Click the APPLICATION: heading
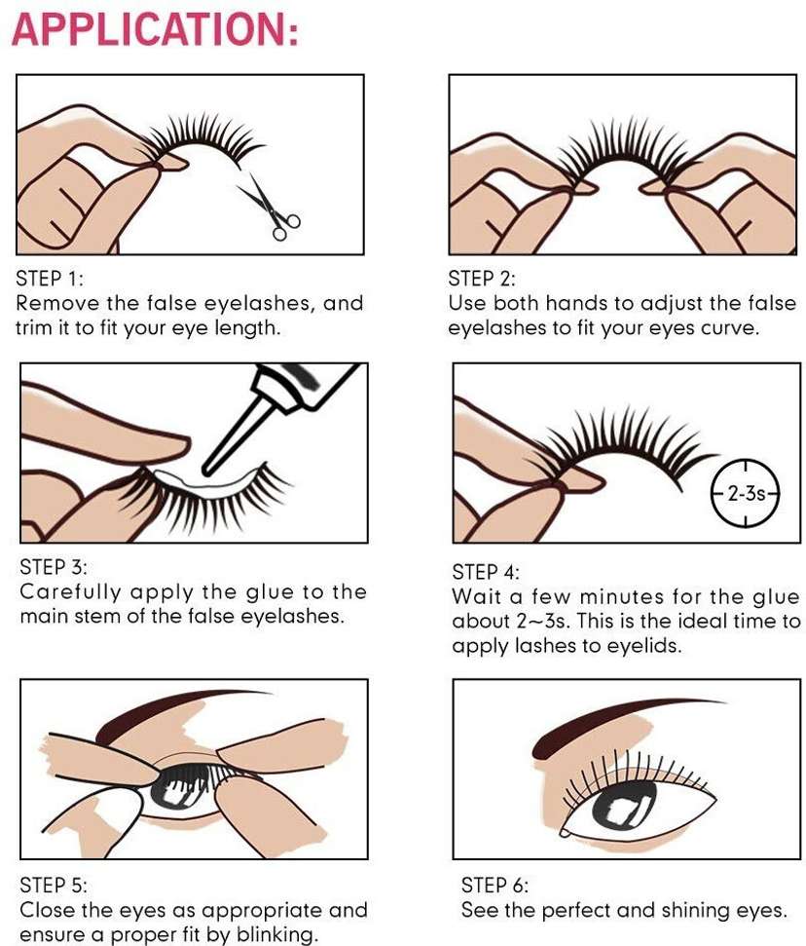[x=155, y=28]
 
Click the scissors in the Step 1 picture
[x=270, y=206]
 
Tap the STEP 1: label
[x=50, y=279]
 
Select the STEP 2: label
[x=482, y=279]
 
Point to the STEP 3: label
[x=54, y=567]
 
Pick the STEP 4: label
[x=486, y=572]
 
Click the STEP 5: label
[x=54, y=885]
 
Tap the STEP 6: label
[x=495, y=885]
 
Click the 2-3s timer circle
[x=746, y=493]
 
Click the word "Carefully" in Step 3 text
[x=70, y=592]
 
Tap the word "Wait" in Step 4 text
[x=477, y=596]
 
